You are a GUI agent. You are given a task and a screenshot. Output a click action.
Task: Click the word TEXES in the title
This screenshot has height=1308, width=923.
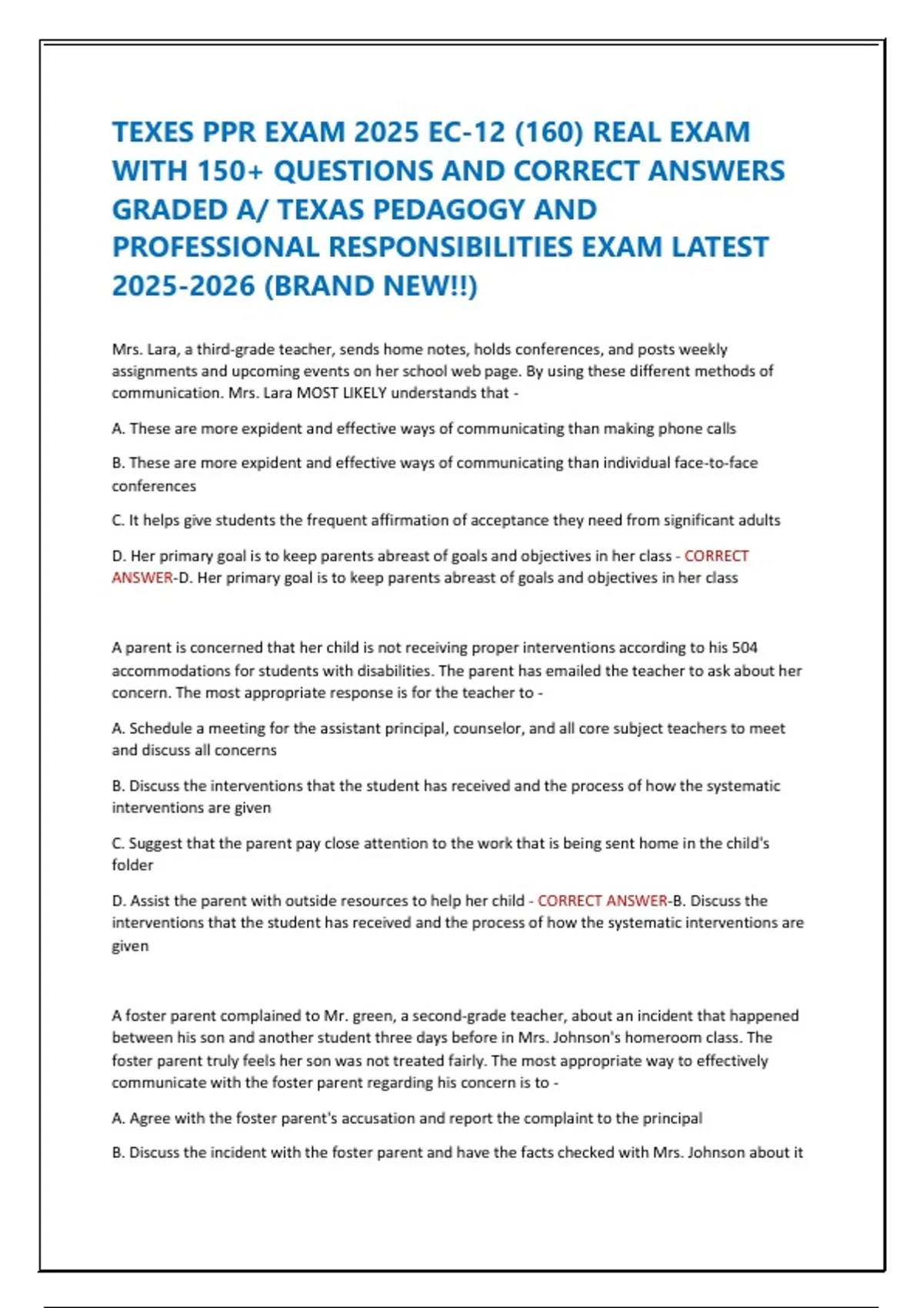click(x=152, y=132)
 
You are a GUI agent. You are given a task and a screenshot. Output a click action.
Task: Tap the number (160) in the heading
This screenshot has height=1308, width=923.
click(x=548, y=132)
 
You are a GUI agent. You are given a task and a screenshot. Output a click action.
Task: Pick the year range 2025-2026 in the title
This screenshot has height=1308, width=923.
click(x=183, y=285)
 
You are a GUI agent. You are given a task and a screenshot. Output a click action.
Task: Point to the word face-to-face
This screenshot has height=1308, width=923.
click(x=715, y=463)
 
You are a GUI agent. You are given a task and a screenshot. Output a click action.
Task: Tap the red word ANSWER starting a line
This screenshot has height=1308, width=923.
click(x=142, y=578)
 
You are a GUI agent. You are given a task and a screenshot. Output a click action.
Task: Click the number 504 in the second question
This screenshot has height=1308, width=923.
click(x=745, y=648)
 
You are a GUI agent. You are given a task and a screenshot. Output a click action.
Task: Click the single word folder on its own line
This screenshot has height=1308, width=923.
click(x=132, y=866)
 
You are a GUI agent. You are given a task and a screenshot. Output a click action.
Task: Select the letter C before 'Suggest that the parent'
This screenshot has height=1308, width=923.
click(x=118, y=843)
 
